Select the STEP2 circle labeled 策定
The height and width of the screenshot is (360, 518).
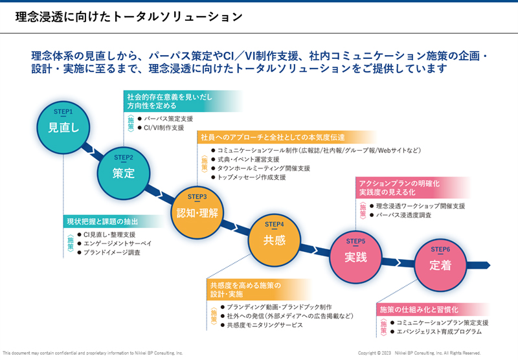point(123,170)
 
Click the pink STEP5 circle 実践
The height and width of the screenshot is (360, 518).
point(356,254)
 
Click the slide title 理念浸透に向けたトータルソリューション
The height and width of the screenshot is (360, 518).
point(128,17)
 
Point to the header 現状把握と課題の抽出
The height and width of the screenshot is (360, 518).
point(102,221)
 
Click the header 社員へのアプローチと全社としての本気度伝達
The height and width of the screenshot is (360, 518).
point(273,137)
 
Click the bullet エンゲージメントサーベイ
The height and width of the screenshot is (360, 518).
point(117,243)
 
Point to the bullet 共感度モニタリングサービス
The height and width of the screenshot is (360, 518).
point(265,325)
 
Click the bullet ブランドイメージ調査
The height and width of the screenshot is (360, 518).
point(112,253)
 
